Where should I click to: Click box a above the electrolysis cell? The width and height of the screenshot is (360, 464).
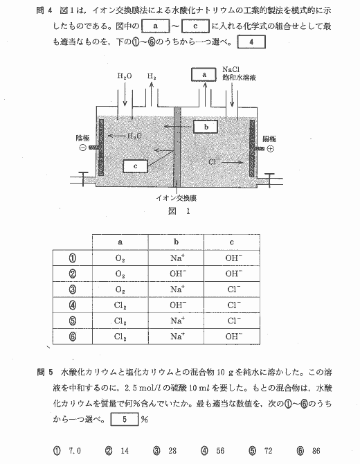(x=204, y=75)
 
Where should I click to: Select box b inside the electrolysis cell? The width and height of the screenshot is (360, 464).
(x=206, y=127)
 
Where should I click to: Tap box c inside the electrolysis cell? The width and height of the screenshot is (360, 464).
(x=135, y=166)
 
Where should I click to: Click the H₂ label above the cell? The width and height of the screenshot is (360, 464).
(x=152, y=77)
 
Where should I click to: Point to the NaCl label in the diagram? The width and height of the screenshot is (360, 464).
(x=231, y=70)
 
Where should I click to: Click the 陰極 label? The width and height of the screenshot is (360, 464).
(x=82, y=139)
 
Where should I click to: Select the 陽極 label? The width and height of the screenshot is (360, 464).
(x=269, y=139)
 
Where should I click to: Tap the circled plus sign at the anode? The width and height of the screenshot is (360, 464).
(x=270, y=149)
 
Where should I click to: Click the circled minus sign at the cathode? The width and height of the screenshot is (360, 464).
(x=83, y=148)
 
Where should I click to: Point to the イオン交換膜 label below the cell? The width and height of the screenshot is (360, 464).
(x=177, y=198)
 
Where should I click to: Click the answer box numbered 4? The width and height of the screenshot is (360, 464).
(x=251, y=42)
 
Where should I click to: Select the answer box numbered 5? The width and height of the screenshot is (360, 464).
(x=125, y=419)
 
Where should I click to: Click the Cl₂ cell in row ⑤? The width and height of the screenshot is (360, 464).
(x=120, y=321)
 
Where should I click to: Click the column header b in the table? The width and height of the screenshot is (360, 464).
(x=177, y=242)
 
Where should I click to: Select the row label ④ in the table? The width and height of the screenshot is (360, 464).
(x=73, y=305)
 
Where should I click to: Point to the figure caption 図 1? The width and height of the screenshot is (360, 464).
(x=179, y=211)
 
